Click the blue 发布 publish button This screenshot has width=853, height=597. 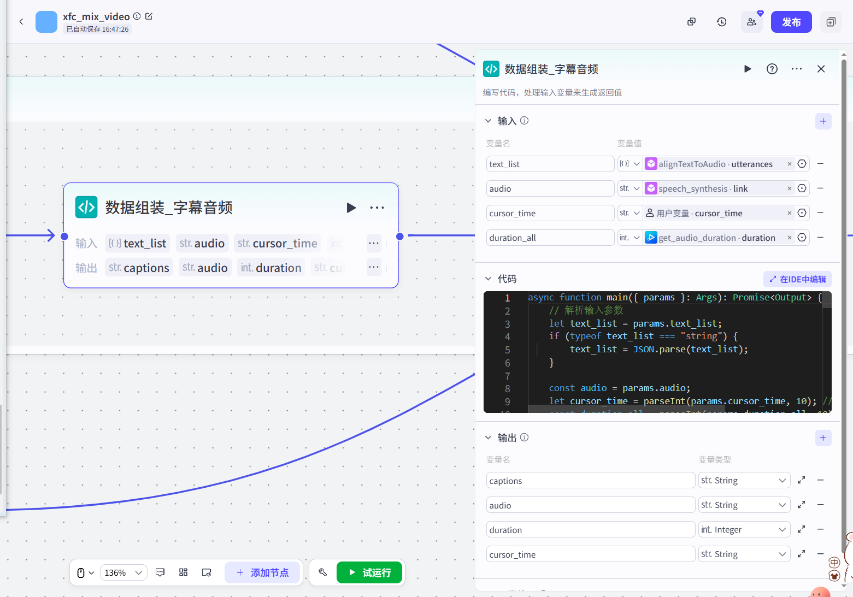click(791, 22)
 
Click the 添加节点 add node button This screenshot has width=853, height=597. click(263, 572)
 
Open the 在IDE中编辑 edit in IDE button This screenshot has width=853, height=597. click(797, 279)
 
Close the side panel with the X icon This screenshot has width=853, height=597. click(821, 69)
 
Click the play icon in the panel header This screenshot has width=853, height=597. click(748, 69)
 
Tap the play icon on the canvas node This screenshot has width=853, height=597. click(351, 208)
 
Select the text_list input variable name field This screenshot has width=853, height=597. click(550, 164)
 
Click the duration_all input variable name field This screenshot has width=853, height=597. click(550, 238)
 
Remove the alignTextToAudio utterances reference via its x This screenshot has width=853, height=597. click(789, 164)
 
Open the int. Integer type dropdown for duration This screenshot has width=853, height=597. click(744, 529)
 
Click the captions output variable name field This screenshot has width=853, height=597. click(590, 481)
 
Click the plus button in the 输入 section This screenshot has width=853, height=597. click(823, 121)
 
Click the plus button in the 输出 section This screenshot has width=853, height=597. click(823, 438)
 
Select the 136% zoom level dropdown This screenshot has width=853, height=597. click(123, 572)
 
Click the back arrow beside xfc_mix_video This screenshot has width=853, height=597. click(21, 22)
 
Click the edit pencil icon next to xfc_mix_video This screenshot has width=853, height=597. click(149, 16)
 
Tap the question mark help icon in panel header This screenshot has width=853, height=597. click(772, 69)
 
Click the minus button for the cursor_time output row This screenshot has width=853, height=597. click(820, 554)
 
